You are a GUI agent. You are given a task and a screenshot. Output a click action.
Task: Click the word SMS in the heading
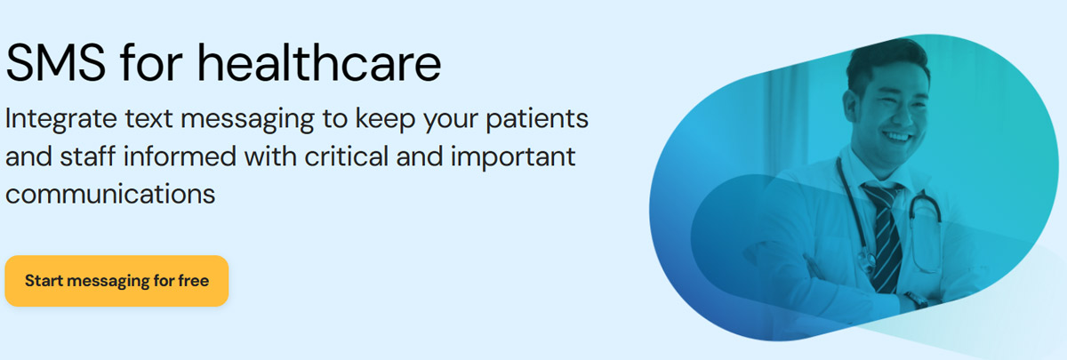tap(55, 63)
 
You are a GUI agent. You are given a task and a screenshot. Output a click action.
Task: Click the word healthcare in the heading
tap(319, 63)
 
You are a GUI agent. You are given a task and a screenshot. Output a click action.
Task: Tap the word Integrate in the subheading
tap(61, 119)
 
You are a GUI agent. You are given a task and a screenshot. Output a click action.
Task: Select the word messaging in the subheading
tap(247, 120)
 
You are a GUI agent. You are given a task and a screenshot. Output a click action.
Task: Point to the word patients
tap(537, 119)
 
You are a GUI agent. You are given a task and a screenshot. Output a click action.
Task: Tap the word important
tap(513, 157)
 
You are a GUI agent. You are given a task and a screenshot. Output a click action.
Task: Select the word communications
tap(110, 195)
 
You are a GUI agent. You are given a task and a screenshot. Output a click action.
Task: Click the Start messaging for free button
tap(116, 281)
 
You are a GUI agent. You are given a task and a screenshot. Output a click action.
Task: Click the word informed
tap(180, 156)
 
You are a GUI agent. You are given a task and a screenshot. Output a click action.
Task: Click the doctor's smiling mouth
tap(896, 137)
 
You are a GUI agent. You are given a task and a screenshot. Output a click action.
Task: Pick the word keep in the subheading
tap(385, 120)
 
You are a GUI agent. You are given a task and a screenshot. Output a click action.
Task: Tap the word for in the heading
tap(151, 63)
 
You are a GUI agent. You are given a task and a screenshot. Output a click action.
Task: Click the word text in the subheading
tap(148, 119)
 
